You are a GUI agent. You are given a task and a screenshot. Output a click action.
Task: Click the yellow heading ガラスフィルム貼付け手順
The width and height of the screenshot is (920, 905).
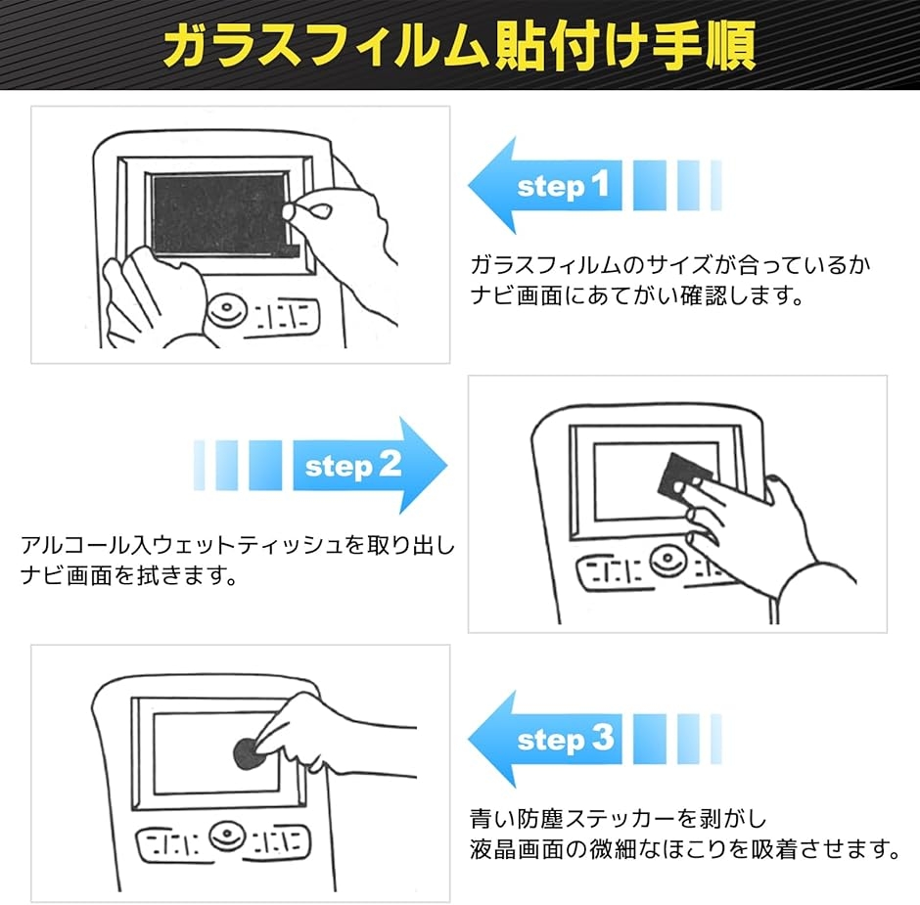459,45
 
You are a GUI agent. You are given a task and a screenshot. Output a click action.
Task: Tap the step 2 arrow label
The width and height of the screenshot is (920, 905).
353,466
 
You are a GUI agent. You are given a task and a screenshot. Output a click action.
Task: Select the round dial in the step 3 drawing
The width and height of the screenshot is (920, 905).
225,839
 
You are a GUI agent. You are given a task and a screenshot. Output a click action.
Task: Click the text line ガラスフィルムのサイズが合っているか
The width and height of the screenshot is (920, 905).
670,266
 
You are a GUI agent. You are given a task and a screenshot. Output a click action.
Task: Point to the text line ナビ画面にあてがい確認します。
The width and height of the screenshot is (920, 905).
636,295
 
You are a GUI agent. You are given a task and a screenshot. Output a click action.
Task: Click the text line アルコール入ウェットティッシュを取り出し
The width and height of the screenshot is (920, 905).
238,544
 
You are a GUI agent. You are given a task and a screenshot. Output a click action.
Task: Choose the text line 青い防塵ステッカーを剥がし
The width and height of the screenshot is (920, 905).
618,818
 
